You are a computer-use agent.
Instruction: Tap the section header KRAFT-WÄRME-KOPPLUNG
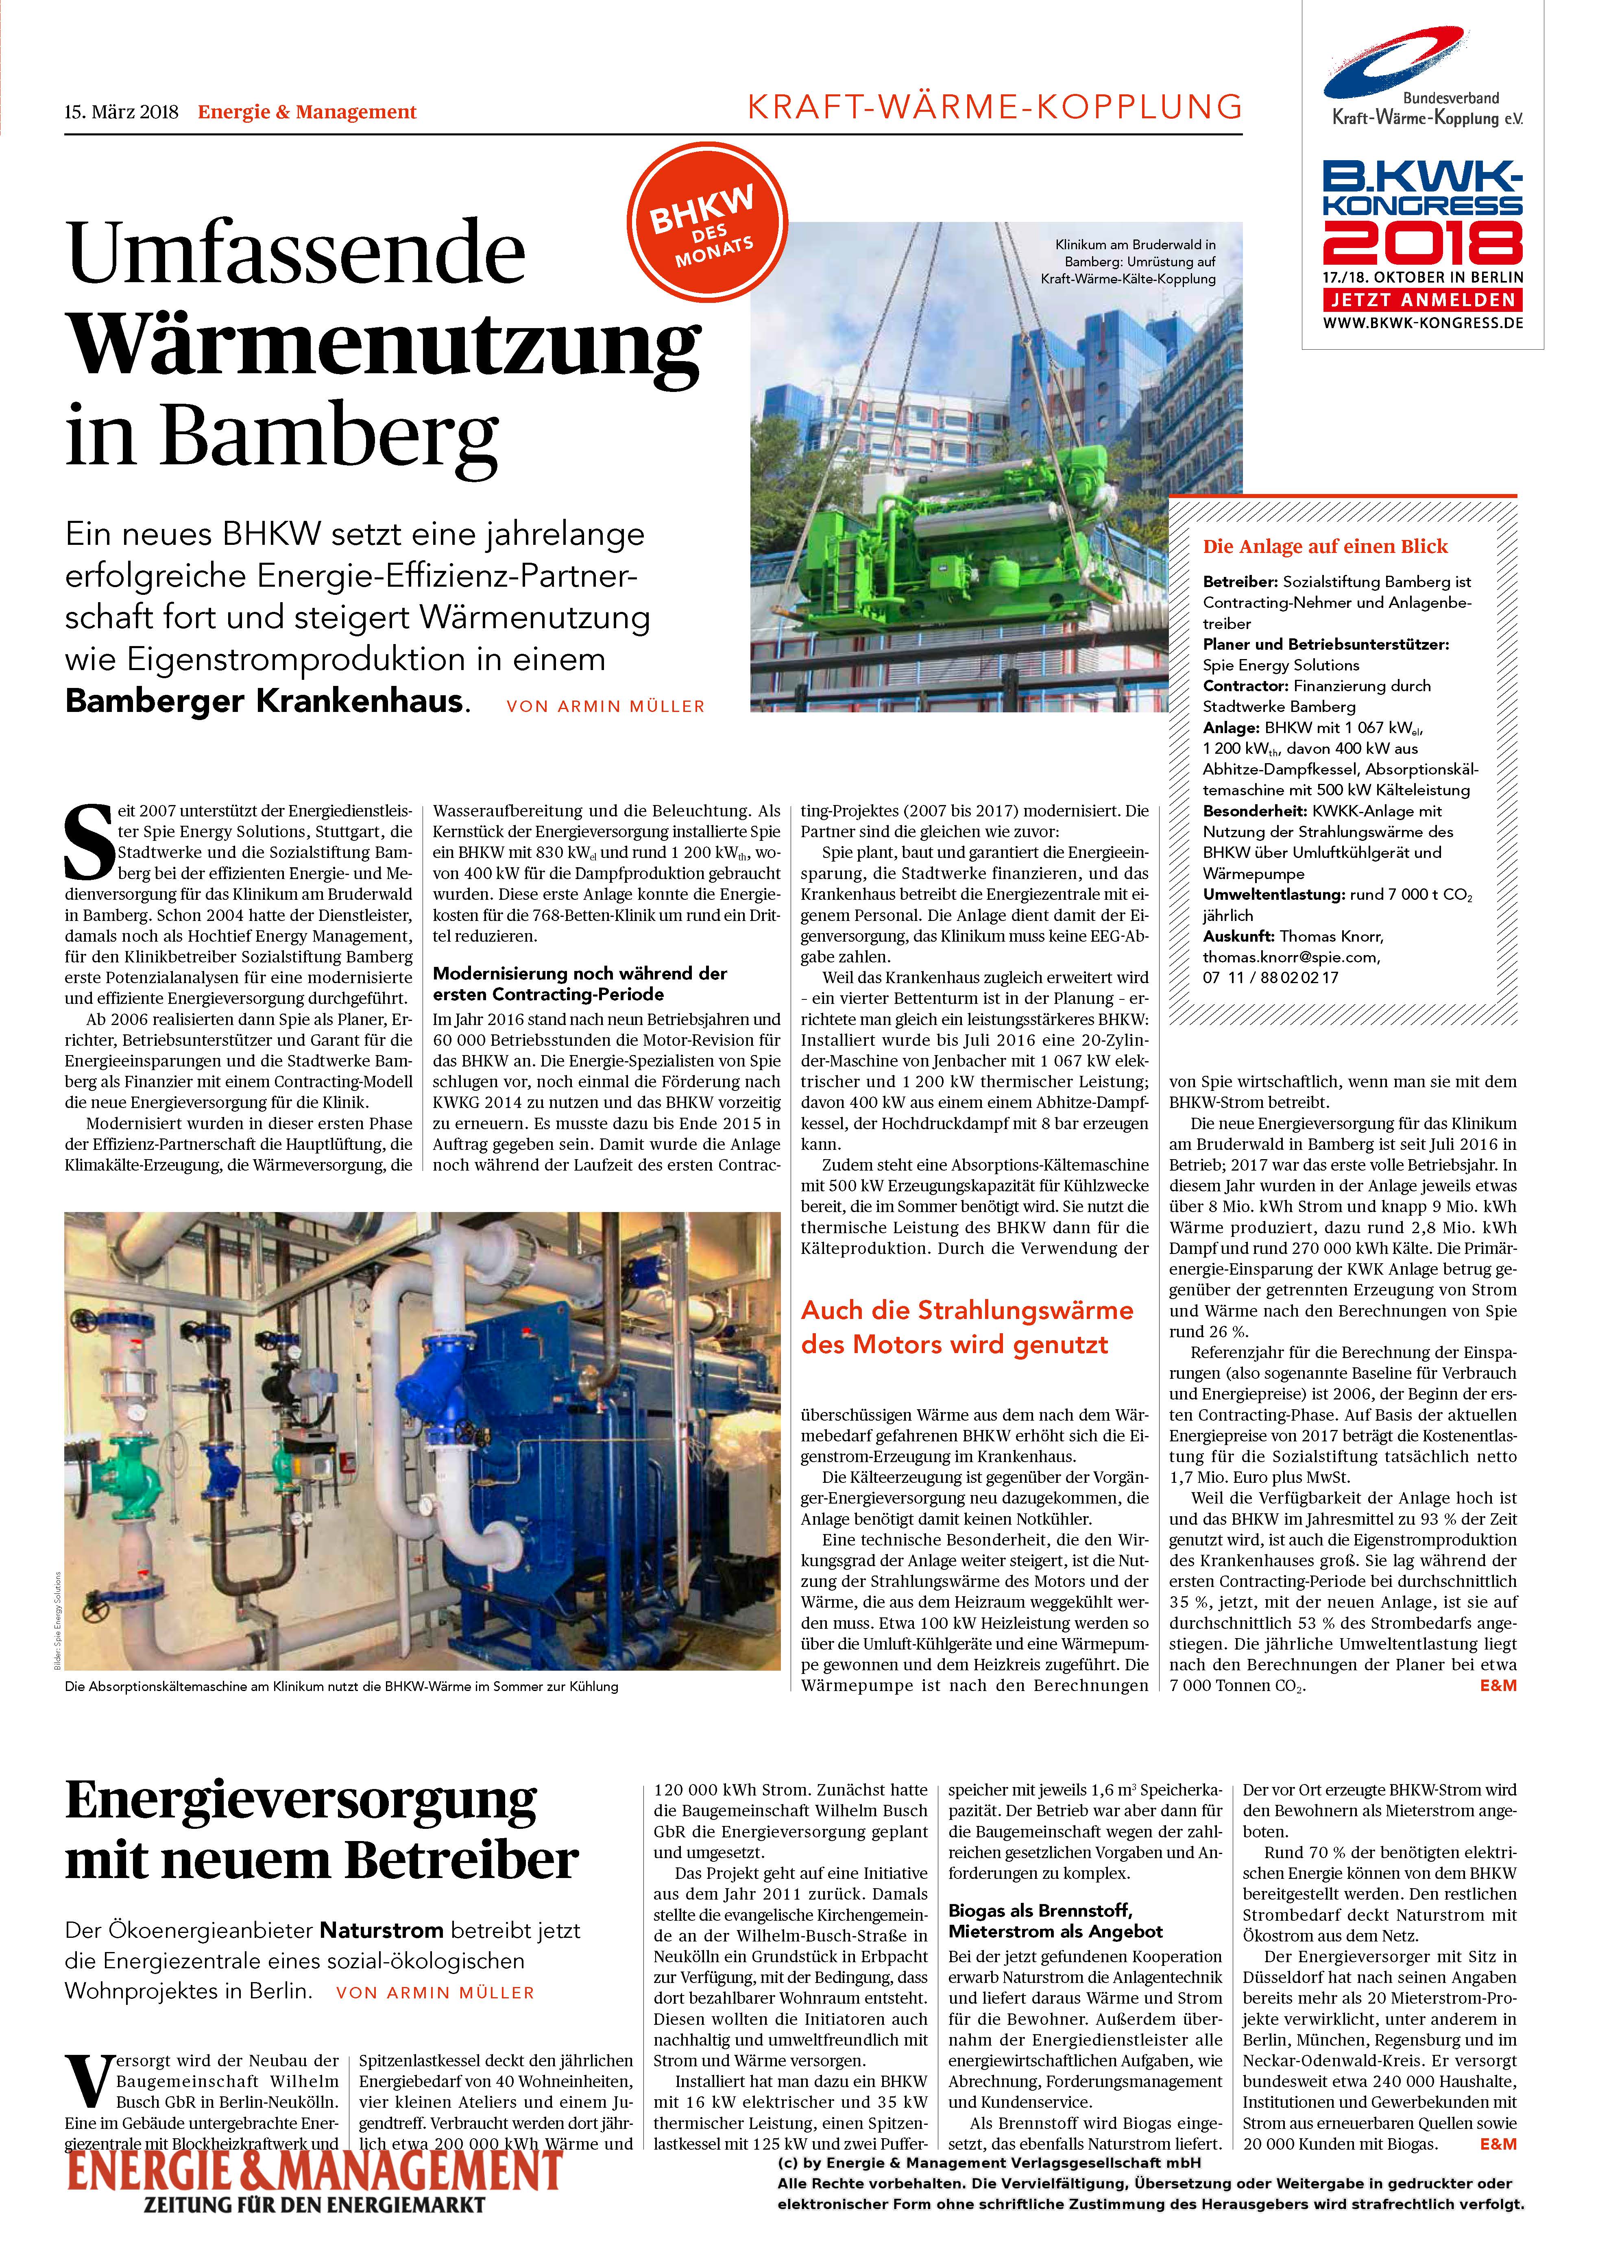pyautogui.click(x=994, y=106)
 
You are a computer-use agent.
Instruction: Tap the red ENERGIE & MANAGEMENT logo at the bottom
pyautogui.click(x=315, y=2172)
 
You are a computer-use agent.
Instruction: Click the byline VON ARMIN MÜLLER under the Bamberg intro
pyautogui.click(x=605, y=706)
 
